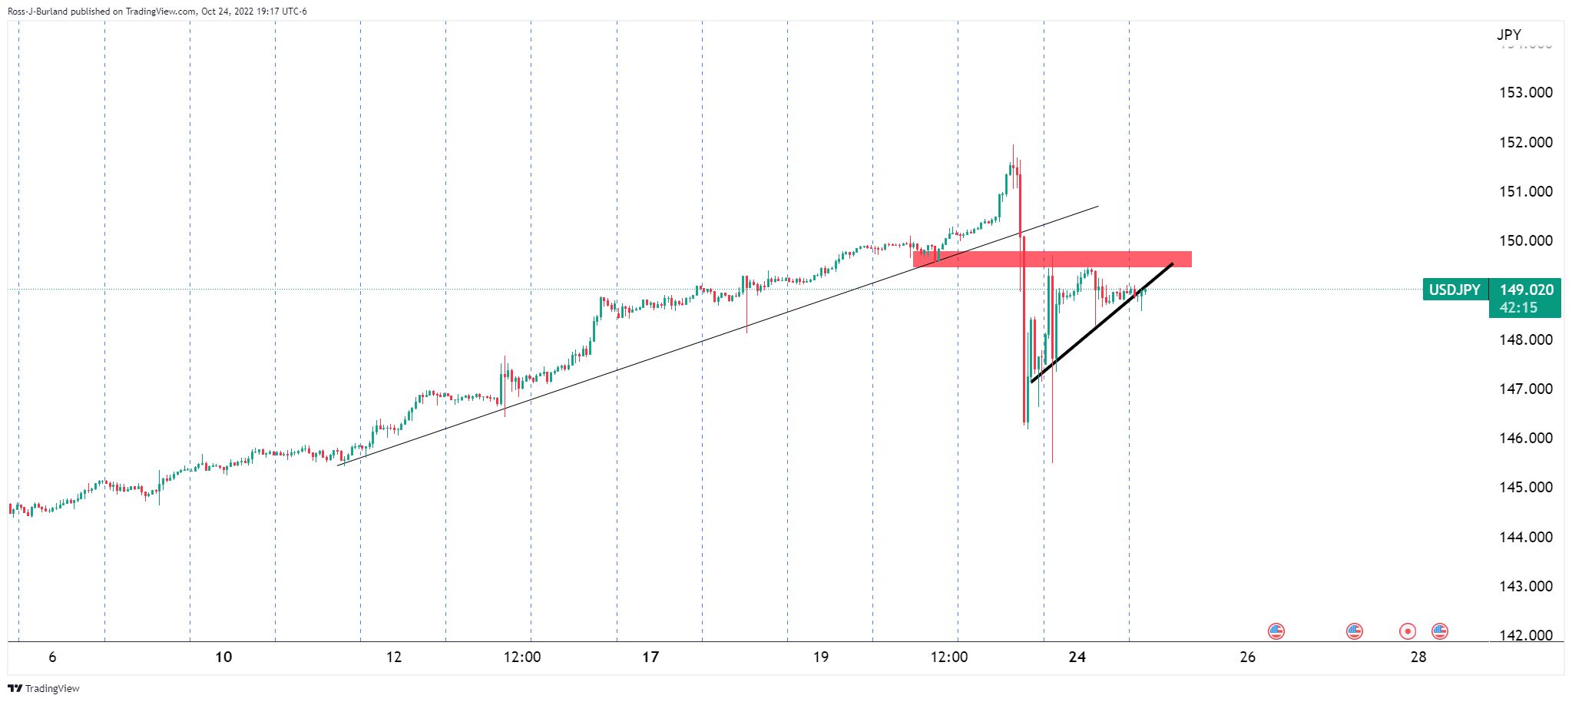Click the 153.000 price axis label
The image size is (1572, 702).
click(1525, 92)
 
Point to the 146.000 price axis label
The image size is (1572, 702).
click(1525, 438)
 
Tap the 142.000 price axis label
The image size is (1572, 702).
click(1525, 635)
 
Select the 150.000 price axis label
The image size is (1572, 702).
click(1525, 240)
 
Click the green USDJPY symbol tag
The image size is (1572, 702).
click(1455, 290)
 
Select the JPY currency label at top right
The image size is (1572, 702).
click(1508, 35)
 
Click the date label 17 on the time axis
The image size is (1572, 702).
click(650, 657)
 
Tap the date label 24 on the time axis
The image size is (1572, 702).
click(1077, 657)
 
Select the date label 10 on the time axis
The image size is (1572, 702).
click(223, 657)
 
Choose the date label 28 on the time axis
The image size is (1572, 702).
click(1418, 657)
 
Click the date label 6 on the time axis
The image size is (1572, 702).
click(52, 657)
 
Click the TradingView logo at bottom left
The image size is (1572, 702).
click(44, 688)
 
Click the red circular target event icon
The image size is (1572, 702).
click(1408, 631)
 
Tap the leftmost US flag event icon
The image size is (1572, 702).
click(1276, 631)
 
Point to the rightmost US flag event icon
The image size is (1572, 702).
click(1439, 631)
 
